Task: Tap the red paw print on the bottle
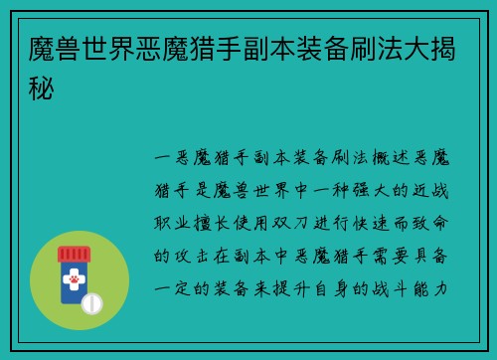[74, 282]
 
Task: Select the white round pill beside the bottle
[92, 302]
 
